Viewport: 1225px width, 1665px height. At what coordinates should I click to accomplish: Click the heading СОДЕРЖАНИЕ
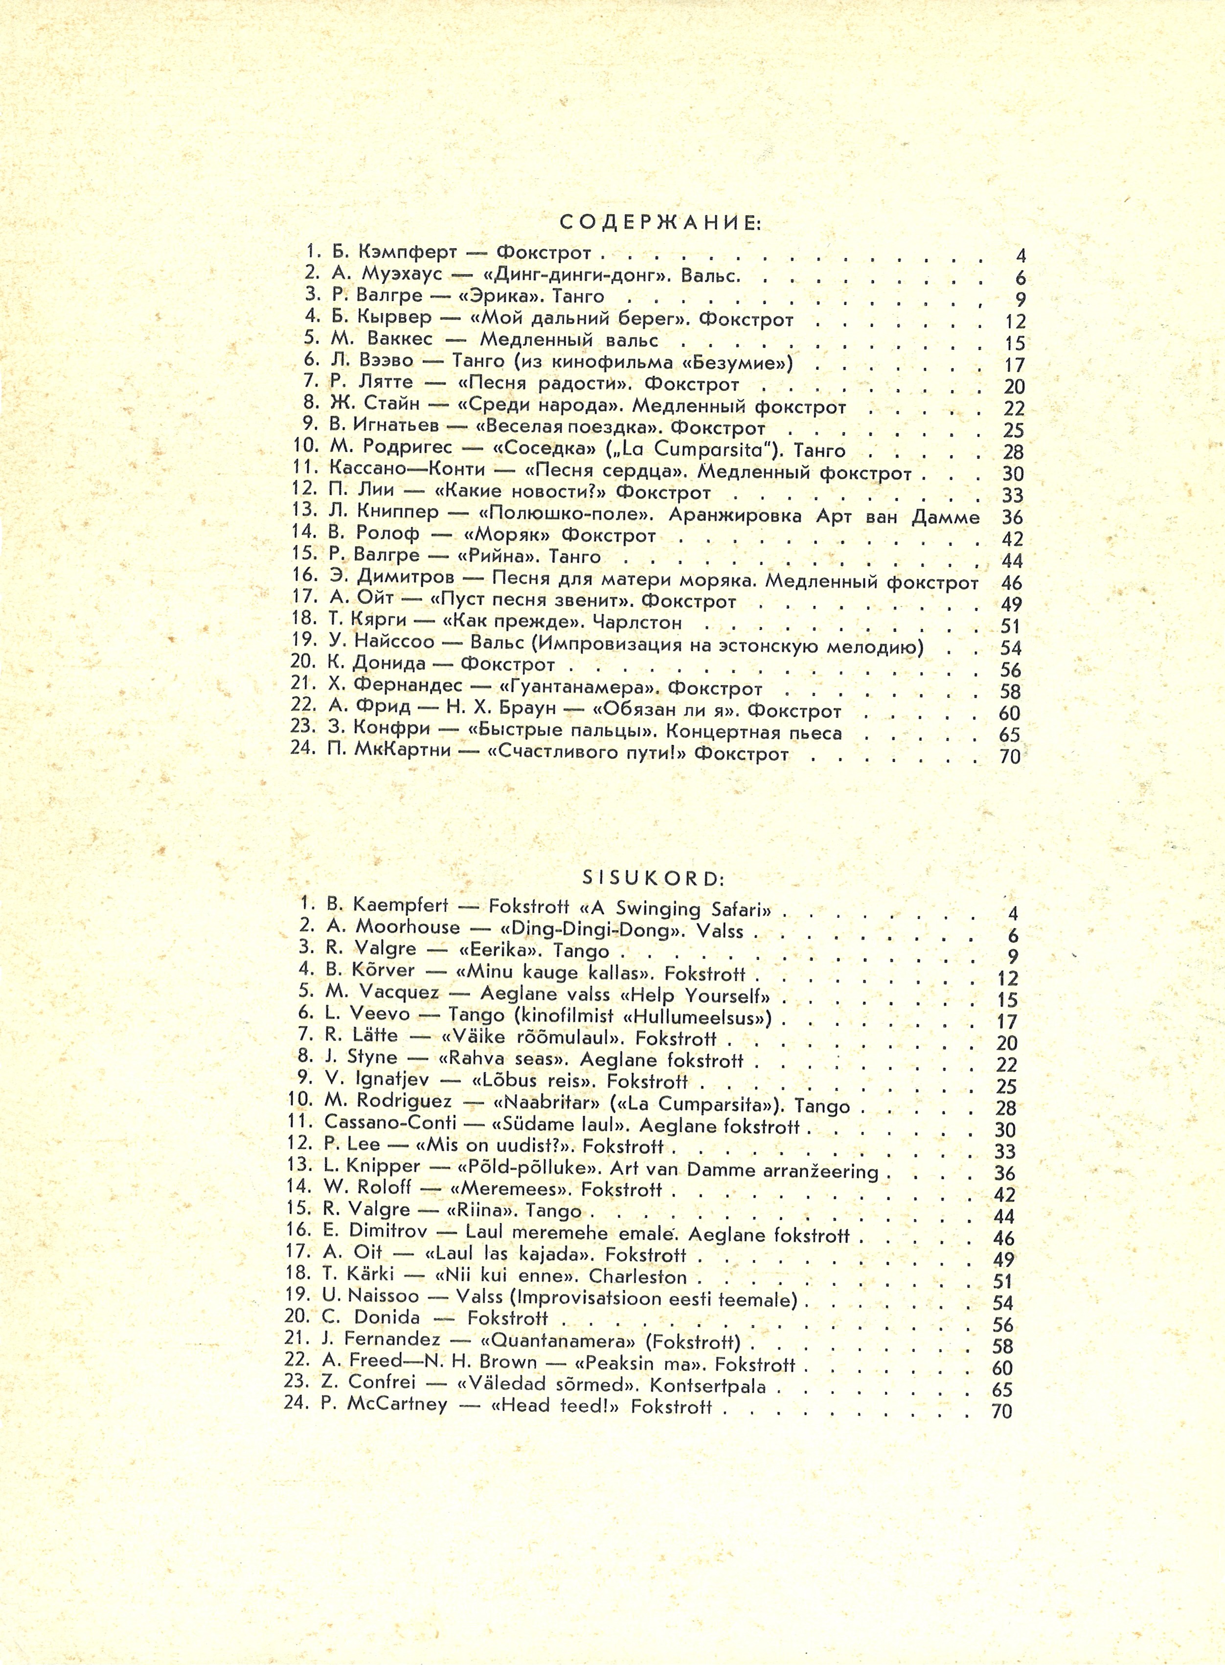click(660, 223)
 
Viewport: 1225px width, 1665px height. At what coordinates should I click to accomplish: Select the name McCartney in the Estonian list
click(397, 1406)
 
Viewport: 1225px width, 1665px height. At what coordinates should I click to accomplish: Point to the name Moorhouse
click(408, 927)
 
